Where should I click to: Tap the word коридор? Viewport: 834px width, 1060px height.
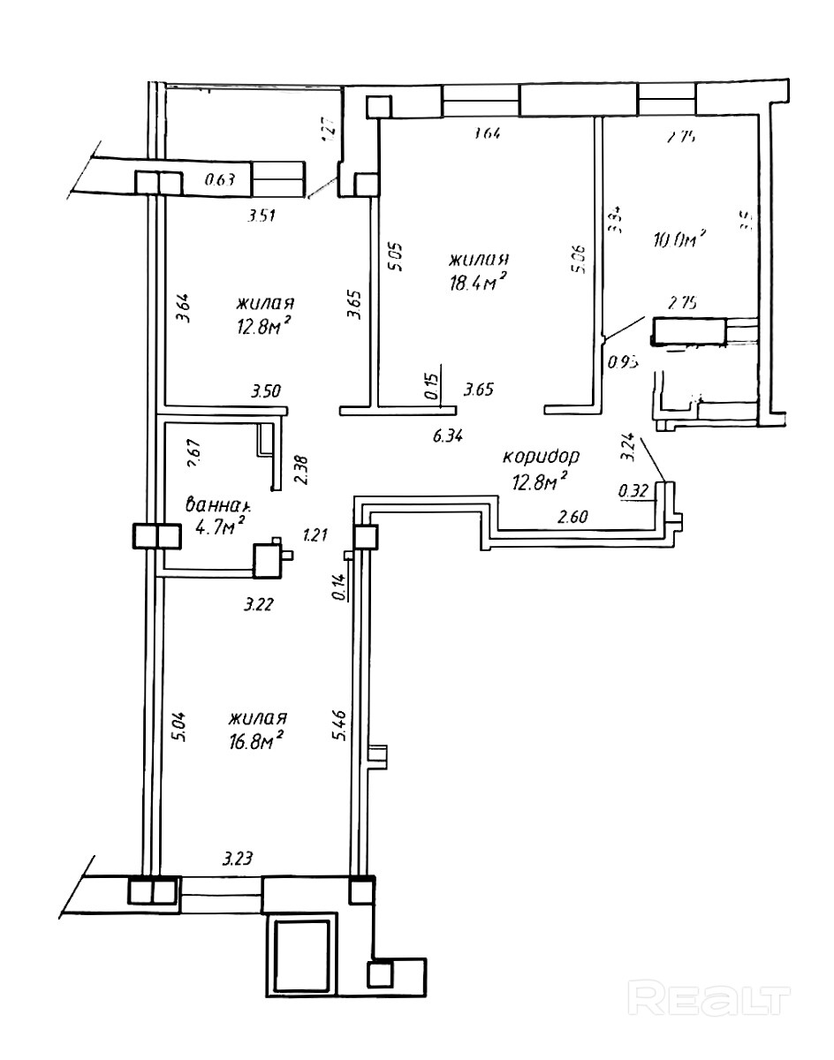pyautogui.click(x=541, y=457)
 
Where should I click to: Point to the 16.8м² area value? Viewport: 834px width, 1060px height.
pyautogui.click(x=254, y=738)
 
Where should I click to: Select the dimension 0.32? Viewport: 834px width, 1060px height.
pyautogui.click(x=634, y=490)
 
